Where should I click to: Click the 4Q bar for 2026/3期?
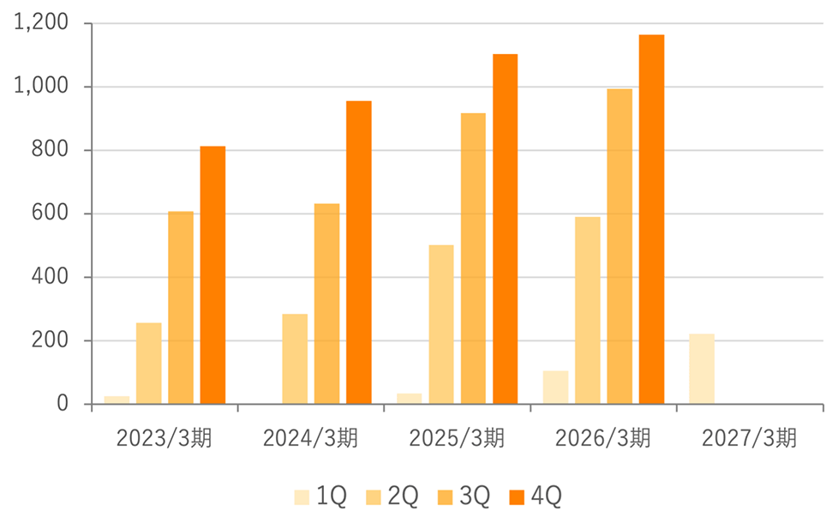(652, 219)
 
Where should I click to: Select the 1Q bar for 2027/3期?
(702, 369)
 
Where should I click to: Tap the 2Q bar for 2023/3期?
(149, 364)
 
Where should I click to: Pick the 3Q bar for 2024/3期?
(327, 304)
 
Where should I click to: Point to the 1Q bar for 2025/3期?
(410, 399)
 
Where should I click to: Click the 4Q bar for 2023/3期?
(212, 275)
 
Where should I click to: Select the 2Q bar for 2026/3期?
(587, 310)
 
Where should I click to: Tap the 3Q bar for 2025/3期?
(473, 259)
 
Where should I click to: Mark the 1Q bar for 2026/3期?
(556, 388)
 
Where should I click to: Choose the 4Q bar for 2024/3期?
(359, 253)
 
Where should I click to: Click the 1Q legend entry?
(320, 496)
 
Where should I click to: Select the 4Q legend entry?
(536, 496)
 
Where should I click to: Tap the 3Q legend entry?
(464, 496)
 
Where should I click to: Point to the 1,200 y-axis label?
(41, 22)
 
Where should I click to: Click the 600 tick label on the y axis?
(50, 213)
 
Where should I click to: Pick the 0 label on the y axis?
(63, 404)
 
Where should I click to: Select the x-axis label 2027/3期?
(749, 438)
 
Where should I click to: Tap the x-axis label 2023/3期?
(164, 438)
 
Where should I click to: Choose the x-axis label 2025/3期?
(457, 438)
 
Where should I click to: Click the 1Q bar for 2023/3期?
(117, 400)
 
